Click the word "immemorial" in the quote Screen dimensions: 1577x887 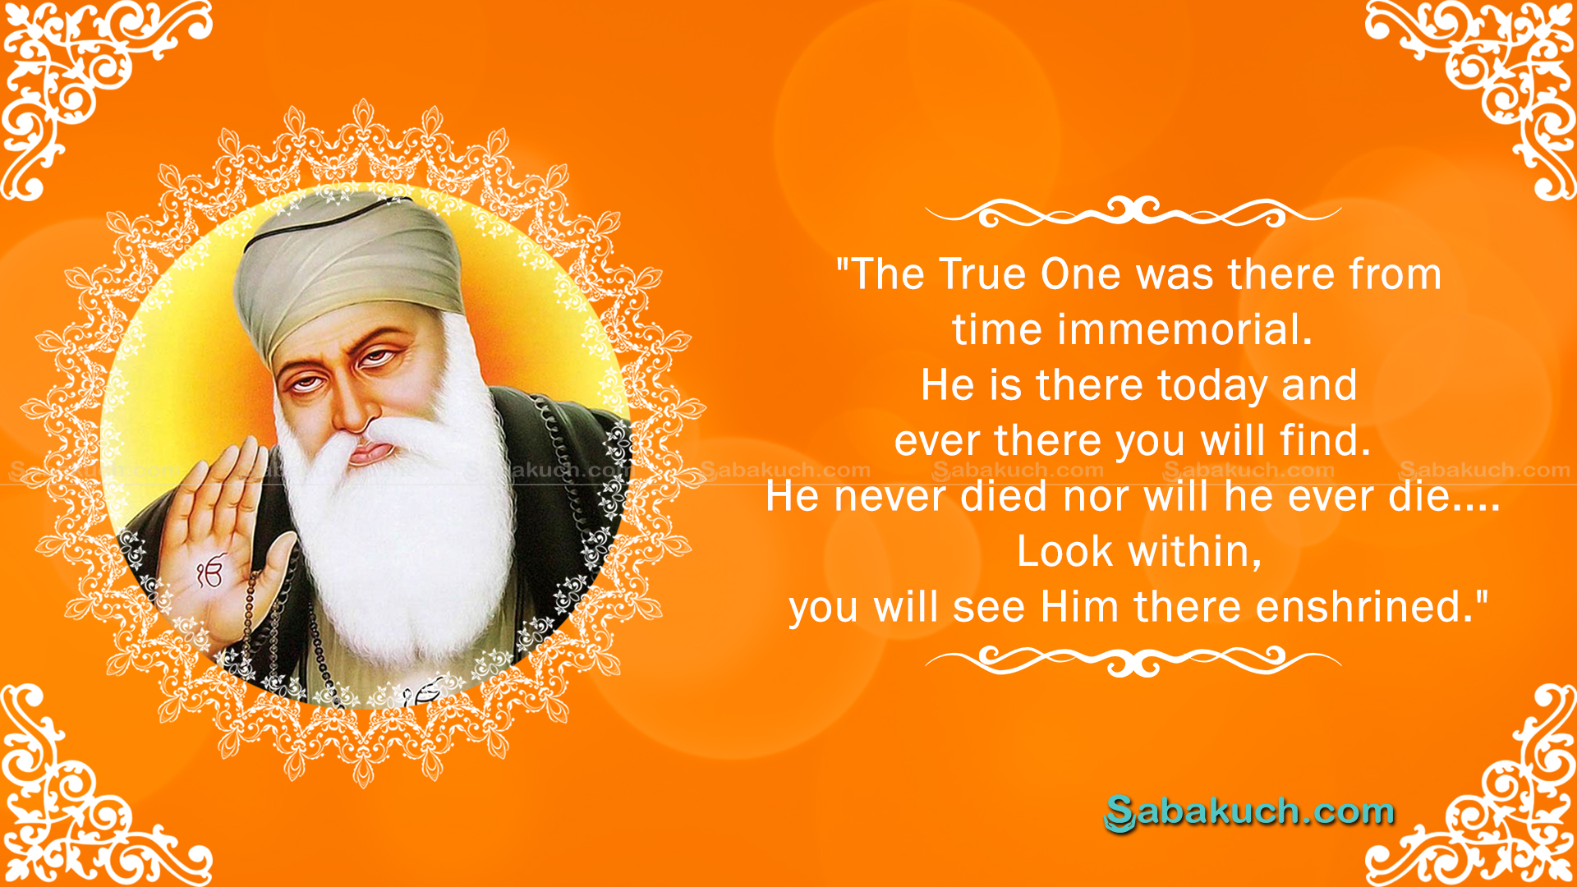pyautogui.click(x=1174, y=329)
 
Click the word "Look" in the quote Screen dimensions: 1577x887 pyautogui.click(x=1064, y=551)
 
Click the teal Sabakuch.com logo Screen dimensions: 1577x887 pyautogui.click(x=1249, y=812)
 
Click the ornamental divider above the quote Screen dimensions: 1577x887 pyautogui.click(x=1133, y=213)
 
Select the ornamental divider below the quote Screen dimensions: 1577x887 pyautogui.click(x=1133, y=660)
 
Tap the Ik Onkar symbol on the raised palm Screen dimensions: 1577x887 pyautogui.click(x=210, y=572)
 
